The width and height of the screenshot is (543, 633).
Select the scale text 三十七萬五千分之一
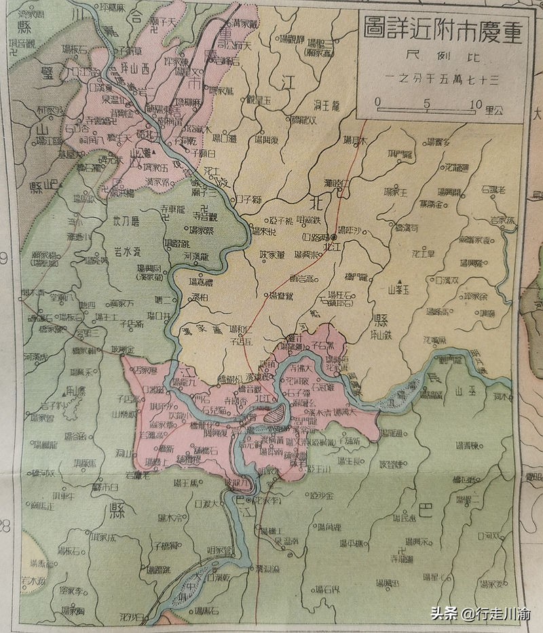440,77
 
